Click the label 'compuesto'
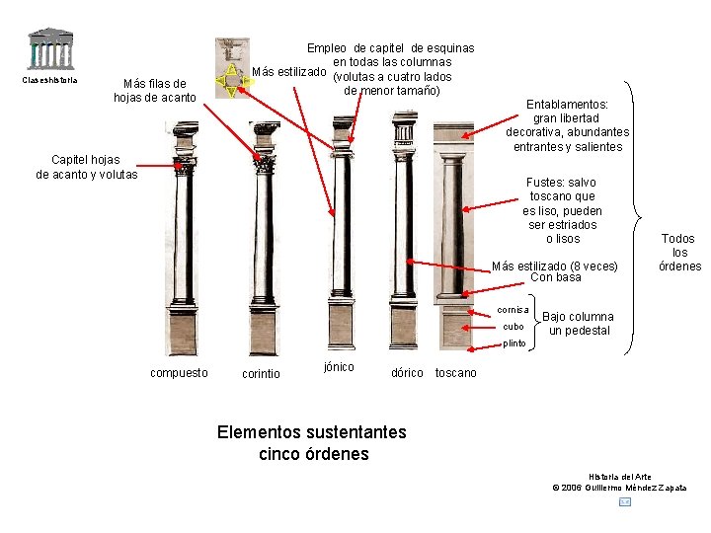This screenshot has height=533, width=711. click(179, 373)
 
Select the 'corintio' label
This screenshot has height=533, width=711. click(261, 374)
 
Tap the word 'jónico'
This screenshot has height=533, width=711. click(339, 367)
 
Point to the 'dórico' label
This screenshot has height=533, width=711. click(407, 373)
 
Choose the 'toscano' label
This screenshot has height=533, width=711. click(455, 373)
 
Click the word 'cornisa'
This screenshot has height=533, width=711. click(512, 310)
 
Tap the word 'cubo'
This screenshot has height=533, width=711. click(513, 327)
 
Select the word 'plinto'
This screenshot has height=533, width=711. click(514, 343)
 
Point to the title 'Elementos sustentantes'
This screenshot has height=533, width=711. click(311, 432)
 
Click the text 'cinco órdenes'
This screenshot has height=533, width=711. click(312, 454)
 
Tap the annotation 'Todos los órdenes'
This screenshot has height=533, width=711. click(679, 252)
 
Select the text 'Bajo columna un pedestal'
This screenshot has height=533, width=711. click(579, 324)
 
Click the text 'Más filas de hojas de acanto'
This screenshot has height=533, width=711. click(155, 90)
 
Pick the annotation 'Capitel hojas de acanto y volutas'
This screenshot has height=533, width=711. click(87, 167)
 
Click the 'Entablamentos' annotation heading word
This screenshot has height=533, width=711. click(567, 104)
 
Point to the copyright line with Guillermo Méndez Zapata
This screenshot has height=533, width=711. click(620, 488)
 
